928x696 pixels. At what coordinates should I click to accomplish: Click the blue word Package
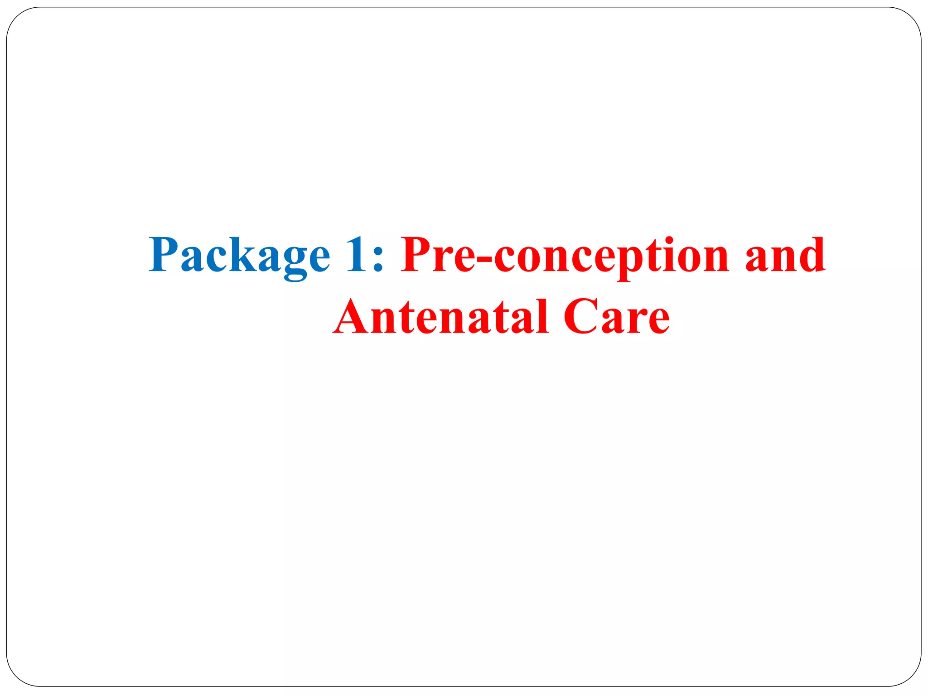(x=239, y=256)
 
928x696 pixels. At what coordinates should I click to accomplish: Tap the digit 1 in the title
(x=355, y=255)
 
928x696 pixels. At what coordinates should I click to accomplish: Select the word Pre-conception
(x=565, y=256)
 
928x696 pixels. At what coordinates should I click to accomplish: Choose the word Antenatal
(x=441, y=317)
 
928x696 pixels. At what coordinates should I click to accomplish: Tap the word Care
(x=616, y=317)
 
